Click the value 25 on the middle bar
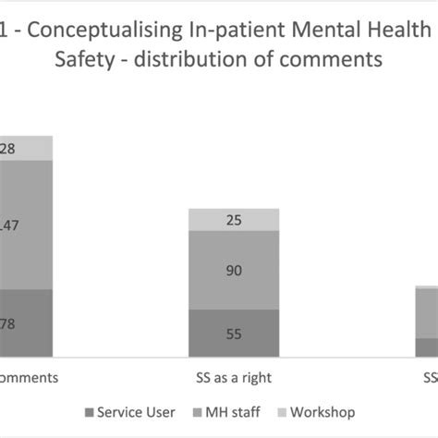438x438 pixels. pos(233,220)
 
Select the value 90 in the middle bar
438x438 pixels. pos(233,270)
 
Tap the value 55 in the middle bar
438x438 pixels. pos(233,334)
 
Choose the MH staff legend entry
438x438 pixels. pos(237,411)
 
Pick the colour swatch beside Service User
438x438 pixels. pos(89,412)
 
